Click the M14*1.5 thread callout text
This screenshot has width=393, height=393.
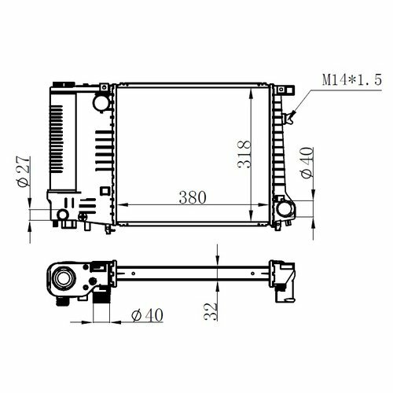click(x=352, y=79)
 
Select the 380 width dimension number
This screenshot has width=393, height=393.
click(x=193, y=197)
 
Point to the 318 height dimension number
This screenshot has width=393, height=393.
click(x=244, y=154)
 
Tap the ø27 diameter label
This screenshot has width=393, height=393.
click(x=24, y=171)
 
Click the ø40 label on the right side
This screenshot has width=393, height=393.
click(x=307, y=163)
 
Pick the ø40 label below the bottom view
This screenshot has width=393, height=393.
click(x=147, y=315)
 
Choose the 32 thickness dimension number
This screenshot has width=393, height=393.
click(x=211, y=311)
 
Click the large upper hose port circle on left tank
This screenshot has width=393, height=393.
click(x=101, y=104)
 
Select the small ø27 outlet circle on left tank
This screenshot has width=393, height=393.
click(x=63, y=215)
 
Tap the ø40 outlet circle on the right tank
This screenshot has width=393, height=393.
click(x=285, y=209)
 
